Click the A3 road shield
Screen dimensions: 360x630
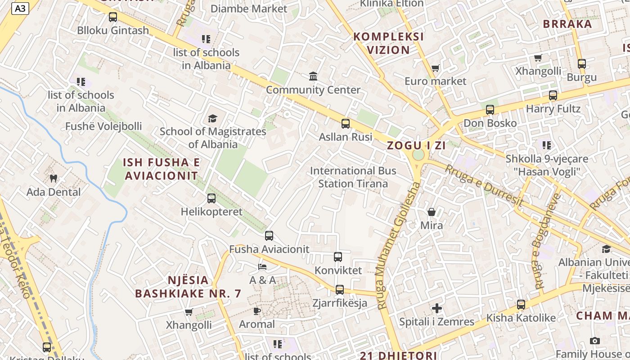tap(20, 8)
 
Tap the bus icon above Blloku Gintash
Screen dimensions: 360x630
tap(113, 17)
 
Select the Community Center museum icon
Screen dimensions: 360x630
tap(313, 76)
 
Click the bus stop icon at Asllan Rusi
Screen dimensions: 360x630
tap(346, 123)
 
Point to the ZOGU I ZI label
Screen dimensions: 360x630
tap(416, 145)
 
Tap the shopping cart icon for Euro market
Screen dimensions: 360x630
tap(435, 68)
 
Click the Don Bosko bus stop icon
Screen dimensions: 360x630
tap(490, 109)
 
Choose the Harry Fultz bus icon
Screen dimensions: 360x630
tap(553, 95)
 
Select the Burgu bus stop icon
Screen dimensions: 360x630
tap(582, 63)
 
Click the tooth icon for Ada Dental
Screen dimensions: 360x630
tap(54, 178)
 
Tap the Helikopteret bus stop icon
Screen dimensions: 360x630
tap(211, 198)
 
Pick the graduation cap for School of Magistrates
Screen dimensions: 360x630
tap(212, 118)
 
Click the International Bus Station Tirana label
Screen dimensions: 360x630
tap(353, 177)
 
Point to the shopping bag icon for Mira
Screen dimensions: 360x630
tap(432, 211)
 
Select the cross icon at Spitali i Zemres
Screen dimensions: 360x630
tap(437, 308)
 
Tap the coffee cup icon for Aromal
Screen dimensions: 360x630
tap(257, 310)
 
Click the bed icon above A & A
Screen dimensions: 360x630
tap(262, 267)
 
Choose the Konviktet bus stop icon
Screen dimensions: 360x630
tap(338, 257)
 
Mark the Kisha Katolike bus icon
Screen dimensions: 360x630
tap(521, 304)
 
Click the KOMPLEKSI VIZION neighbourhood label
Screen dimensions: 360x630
tap(389, 43)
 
